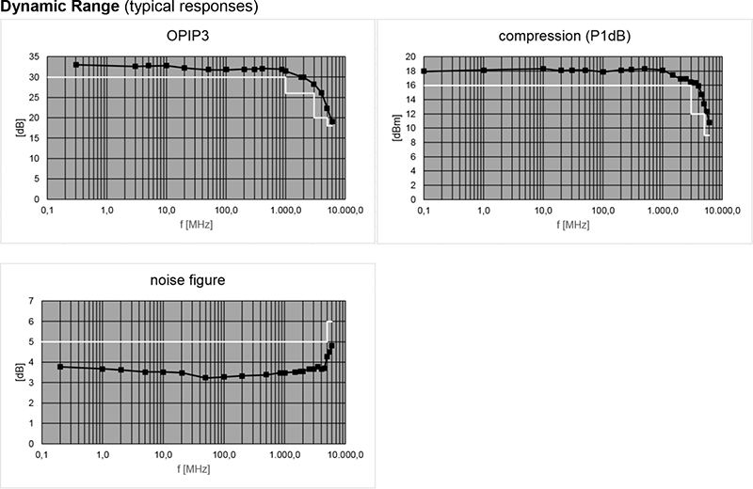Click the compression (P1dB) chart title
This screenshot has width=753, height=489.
point(565,37)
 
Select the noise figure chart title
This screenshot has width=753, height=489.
point(188,280)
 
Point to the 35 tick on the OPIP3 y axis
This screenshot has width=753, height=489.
point(34,56)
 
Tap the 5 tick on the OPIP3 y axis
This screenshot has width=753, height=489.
point(36,180)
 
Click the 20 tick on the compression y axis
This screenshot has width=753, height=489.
point(410,57)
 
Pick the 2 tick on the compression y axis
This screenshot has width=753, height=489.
point(413,185)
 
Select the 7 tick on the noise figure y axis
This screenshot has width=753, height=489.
point(30,301)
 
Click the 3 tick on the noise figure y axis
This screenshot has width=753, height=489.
point(30,383)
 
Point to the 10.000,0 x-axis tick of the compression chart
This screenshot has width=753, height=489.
point(723,210)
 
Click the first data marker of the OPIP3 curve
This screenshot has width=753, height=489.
point(76,64)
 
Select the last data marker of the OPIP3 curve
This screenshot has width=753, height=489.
point(332,122)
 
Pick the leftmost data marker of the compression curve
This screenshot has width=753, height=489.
point(424,71)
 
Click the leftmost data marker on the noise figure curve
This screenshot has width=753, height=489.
point(61,367)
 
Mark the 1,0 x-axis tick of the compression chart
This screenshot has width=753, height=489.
point(483,210)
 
